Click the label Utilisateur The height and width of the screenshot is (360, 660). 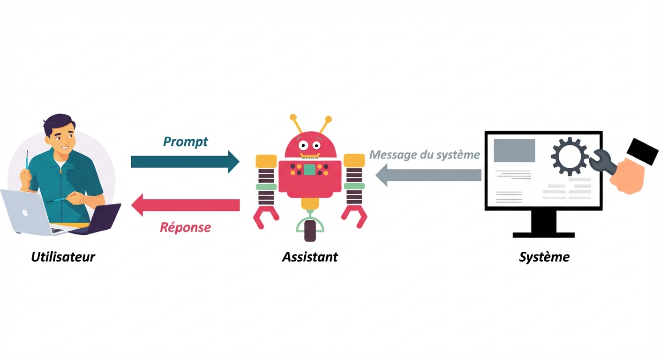(63, 257)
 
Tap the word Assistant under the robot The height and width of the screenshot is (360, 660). (310, 257)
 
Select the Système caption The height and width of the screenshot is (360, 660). (544, 257)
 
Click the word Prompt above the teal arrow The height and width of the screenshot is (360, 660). (186, 142)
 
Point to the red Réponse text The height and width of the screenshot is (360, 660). (185, 227)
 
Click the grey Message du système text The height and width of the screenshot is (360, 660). (425, 154)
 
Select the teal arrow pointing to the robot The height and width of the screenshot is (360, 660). (185, 162)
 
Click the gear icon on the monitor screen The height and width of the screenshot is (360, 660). (570, 156)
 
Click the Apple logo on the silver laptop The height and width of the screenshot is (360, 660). (25, 212)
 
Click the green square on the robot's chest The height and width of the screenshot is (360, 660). (309, 170)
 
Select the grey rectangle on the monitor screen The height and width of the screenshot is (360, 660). (514, 150)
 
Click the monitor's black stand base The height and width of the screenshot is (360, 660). (544, 234)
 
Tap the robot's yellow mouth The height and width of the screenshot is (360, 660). (310, 156)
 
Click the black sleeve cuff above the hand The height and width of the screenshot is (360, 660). (643, 151)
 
